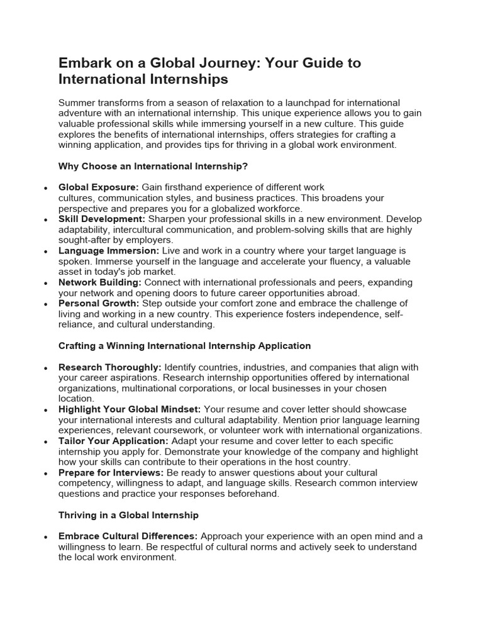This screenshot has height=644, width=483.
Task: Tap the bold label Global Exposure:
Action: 98,187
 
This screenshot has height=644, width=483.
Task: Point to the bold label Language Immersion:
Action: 109,251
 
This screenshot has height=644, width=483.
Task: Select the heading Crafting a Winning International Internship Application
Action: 184,346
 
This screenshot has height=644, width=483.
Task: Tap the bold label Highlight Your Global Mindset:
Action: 130,409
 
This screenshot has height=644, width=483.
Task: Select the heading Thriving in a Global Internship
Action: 128,515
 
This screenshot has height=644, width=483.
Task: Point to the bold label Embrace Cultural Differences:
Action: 128,536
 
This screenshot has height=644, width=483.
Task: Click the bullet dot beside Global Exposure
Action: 45,188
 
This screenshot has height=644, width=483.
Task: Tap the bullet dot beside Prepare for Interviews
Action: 45,474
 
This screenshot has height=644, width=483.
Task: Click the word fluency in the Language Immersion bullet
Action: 359,262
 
